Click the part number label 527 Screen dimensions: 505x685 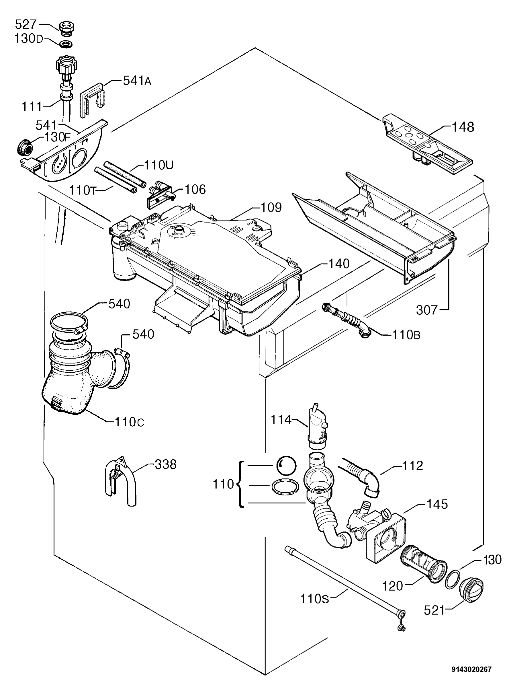click(x=26, y=24)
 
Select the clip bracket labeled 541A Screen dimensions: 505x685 click(x=92, y=100)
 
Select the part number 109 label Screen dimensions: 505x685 click(x=271, y=208)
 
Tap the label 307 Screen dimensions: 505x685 click(x=427, y=310)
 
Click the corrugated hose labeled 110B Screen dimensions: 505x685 click(x=347, y=320)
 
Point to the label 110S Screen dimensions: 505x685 click(x=314, y=599)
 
